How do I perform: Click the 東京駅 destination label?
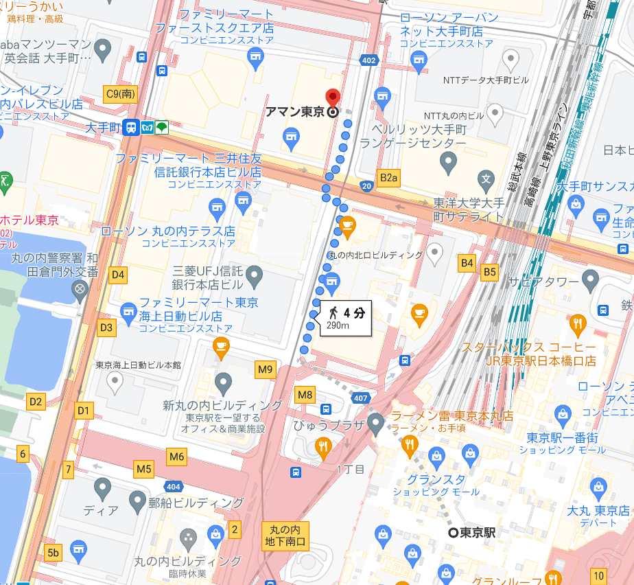[476, 532]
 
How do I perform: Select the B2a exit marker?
[388, 179]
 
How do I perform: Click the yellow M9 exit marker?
[266, 370]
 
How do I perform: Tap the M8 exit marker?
[305, 395]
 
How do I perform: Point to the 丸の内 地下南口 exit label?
[285, 536]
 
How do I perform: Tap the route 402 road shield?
[368, 62]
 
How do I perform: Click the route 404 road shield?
[174, 486]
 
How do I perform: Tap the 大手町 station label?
[104, 128]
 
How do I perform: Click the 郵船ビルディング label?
[196, 502]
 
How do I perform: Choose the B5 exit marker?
[489, 273]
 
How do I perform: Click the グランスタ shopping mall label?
[436, 479]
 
